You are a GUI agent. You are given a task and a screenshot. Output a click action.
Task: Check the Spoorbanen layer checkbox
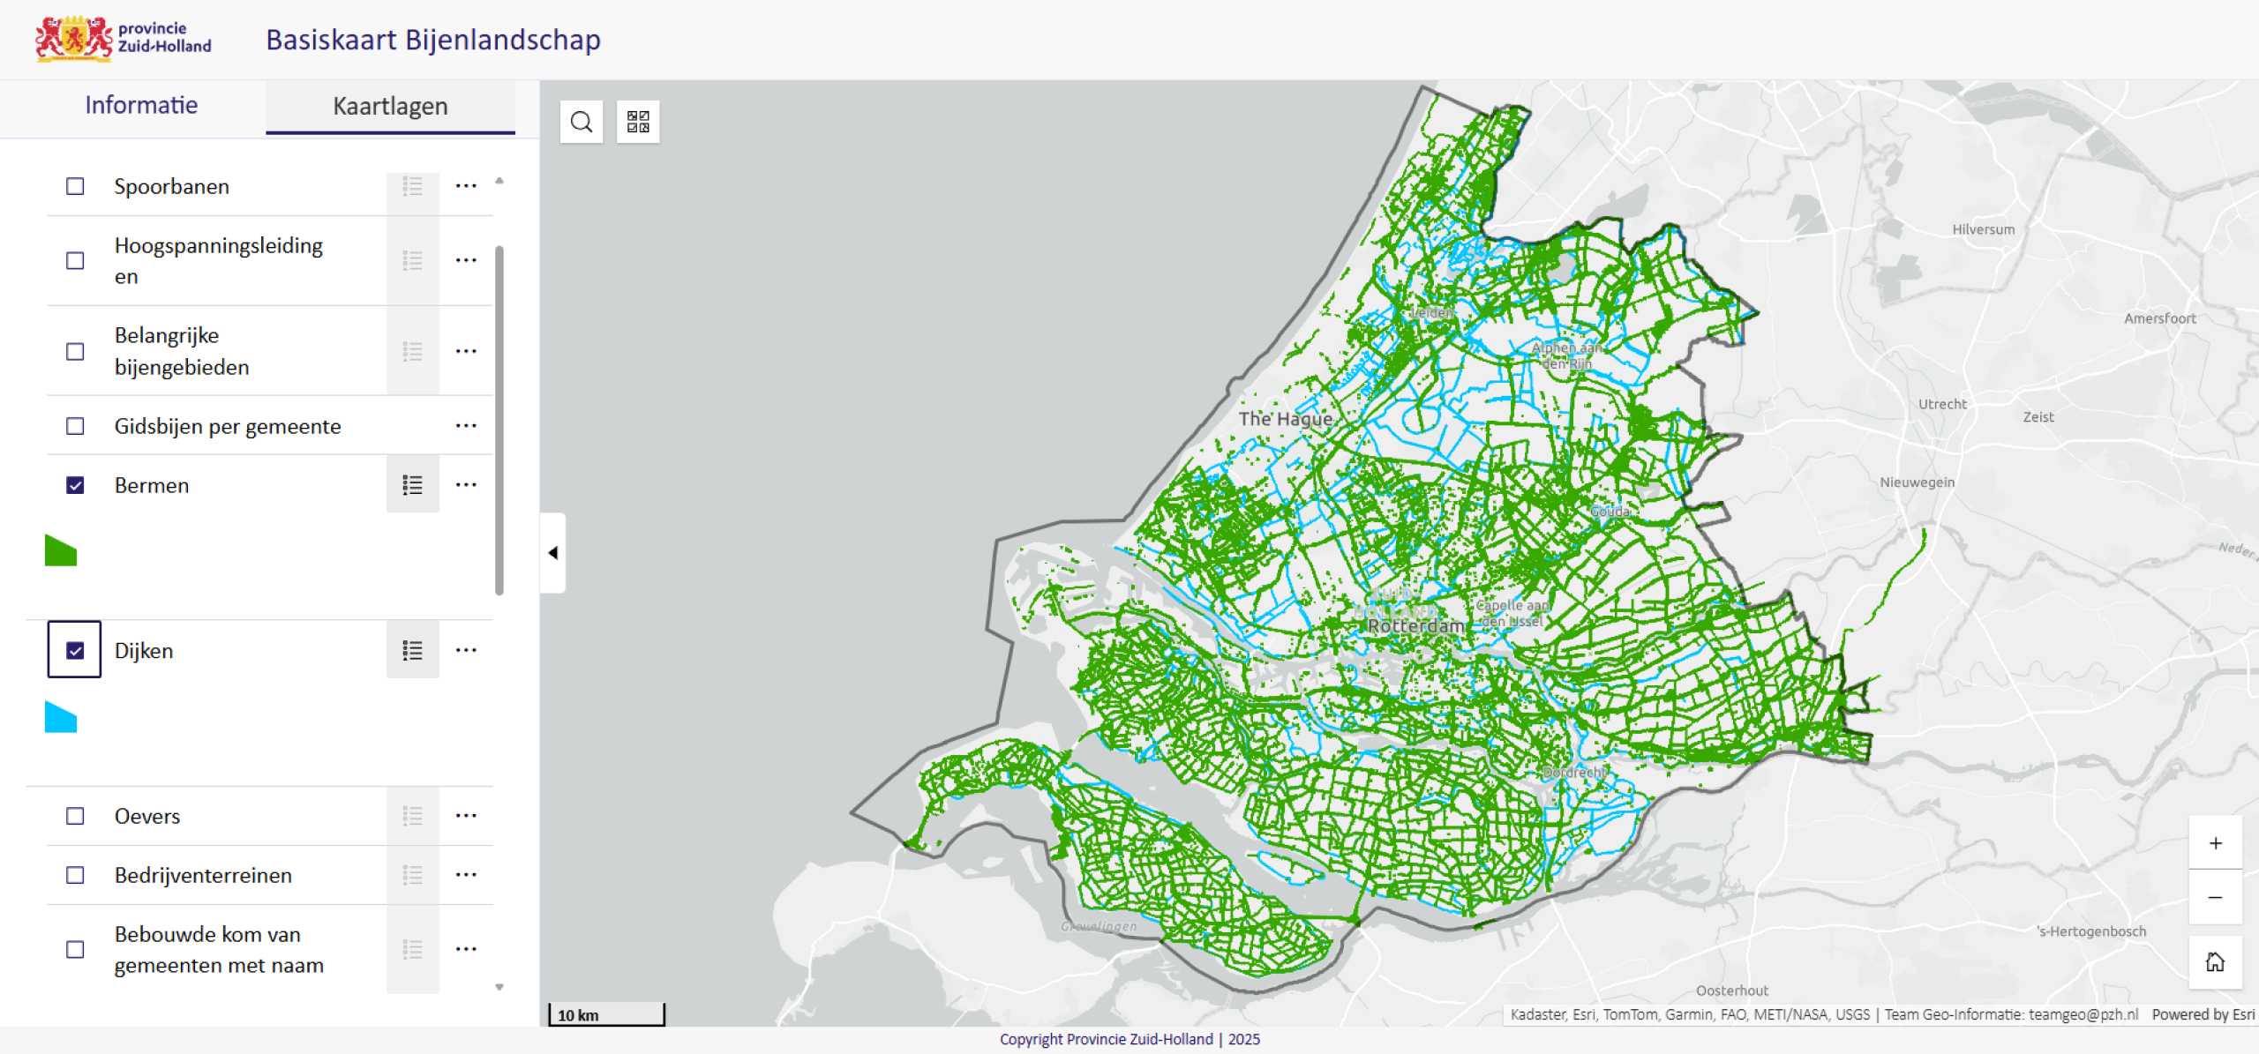click(75, 186)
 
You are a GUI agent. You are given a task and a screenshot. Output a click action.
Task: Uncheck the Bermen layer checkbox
click(75, 485)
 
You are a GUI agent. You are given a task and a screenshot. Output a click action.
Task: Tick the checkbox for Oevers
click(75, 816)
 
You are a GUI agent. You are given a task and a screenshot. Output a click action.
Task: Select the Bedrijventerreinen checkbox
click(75, 875)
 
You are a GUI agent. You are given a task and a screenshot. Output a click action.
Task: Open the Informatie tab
click(141, 106)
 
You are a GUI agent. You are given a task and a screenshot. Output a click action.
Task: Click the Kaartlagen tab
click(390, 107)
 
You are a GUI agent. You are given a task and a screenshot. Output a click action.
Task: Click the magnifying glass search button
click(582, 122)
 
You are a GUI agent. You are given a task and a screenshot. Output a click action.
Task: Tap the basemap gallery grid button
click(638, 122)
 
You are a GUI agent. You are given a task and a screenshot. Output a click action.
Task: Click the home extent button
click(2215, 961)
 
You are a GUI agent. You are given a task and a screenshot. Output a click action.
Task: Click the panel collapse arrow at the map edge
click(553, 553)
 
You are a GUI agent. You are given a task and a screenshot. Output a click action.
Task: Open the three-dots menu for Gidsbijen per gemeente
click(466, 426)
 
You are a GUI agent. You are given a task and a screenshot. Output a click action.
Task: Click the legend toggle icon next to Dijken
click(412, 651)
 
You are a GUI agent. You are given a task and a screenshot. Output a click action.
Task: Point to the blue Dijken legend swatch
click(60, 718)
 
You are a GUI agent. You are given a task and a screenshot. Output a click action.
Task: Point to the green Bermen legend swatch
click(60, 551)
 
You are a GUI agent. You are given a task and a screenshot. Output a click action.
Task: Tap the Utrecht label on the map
click(1942, 404)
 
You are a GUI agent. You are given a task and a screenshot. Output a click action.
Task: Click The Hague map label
click(1285, 419)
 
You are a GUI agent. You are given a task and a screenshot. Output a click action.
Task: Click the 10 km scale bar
click(607, 1014)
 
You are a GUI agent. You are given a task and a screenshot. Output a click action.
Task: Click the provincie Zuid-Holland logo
click(124, 39)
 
